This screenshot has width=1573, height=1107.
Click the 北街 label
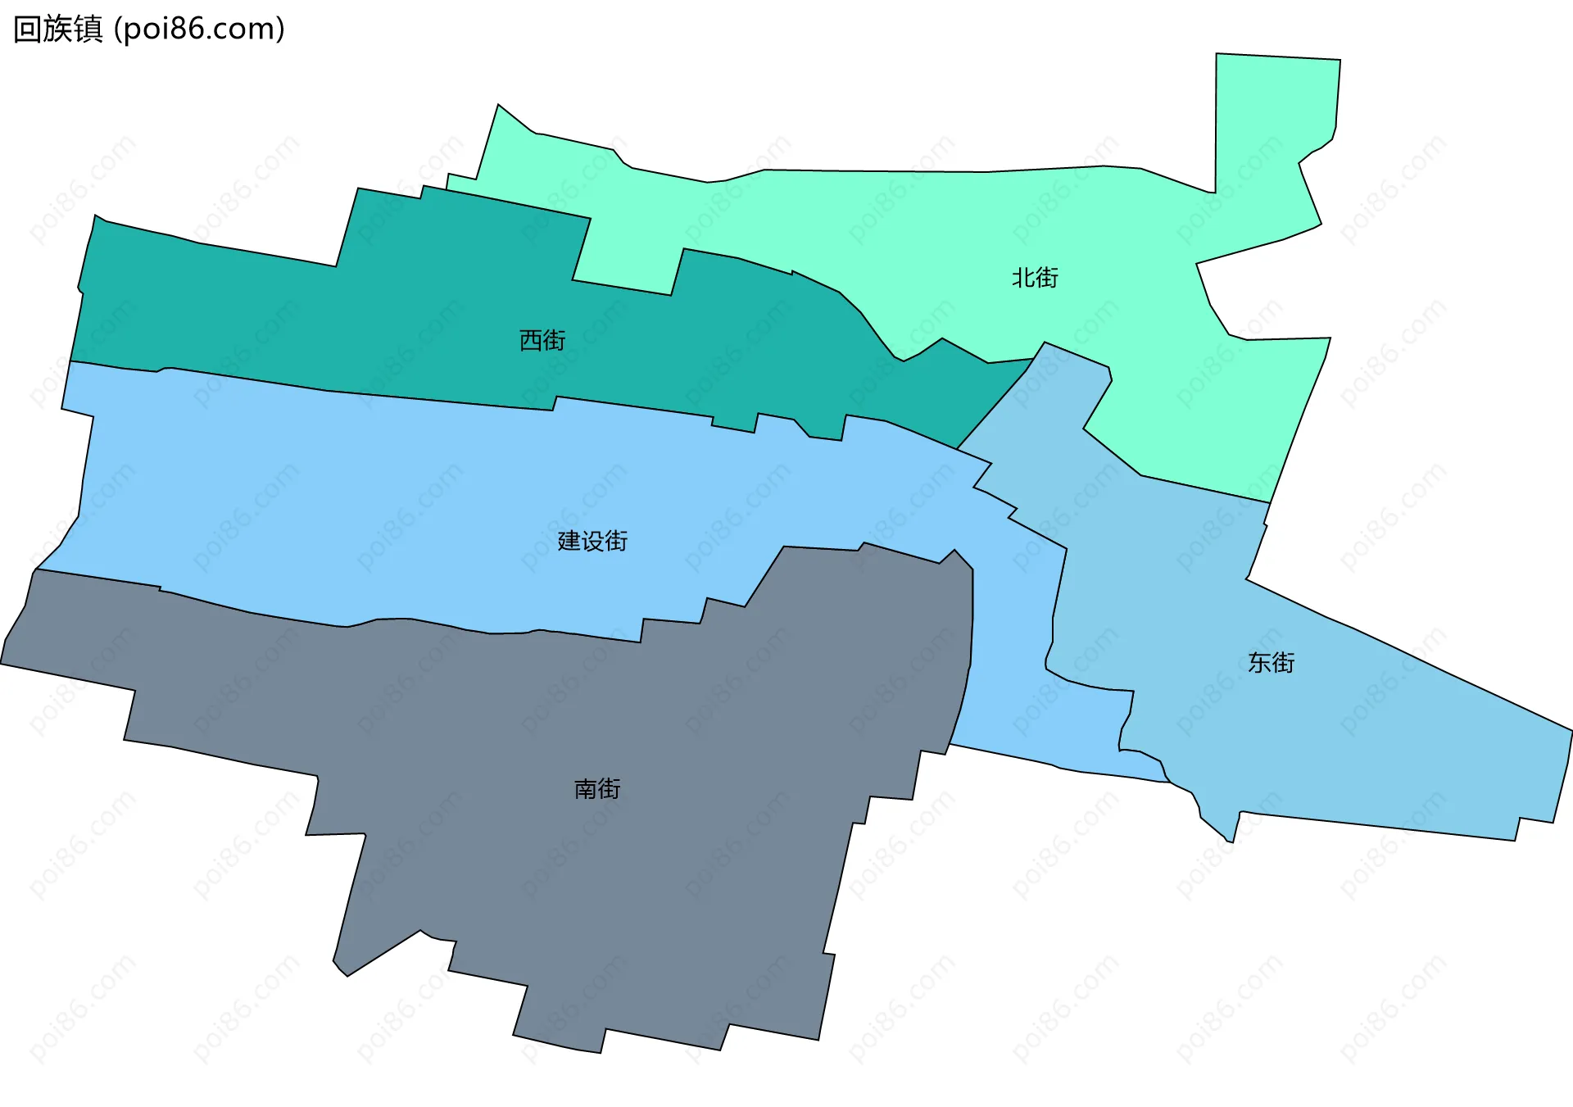tap(1035, 278)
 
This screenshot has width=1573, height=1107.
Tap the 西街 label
tap(542, 340)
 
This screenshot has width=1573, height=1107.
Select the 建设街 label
tap(592, 541)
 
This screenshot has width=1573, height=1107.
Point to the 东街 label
tap(1271, 662)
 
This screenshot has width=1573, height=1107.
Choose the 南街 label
tap(597, 789)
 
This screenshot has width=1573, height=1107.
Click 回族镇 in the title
tap(58, 29)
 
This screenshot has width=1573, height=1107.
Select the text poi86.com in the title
tap(199, 29)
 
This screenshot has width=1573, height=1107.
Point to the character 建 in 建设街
tap(569, 541)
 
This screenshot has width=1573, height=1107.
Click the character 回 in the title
tap(28, 29)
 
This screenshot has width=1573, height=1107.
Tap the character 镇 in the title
tap(88, 29)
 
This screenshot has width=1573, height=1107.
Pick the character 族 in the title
tap(58, 29)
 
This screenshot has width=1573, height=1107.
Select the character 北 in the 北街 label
tap(1023, 278)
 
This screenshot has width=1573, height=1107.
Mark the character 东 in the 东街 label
tap(1259, 662)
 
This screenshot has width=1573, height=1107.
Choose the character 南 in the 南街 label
tap(586, 789)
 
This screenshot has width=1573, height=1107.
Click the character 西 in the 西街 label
tap(531, 340)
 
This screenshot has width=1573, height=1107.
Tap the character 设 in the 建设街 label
tap(592, 541)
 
